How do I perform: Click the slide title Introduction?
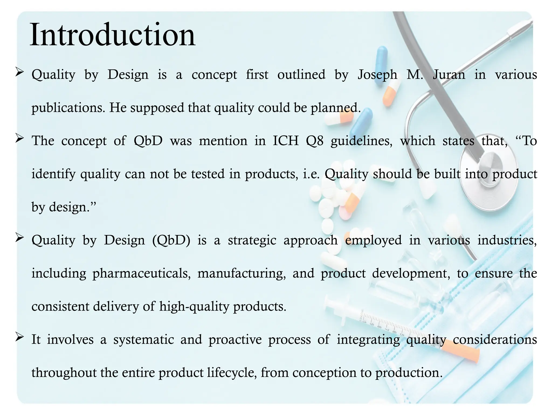[112, 35]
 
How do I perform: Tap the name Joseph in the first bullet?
[377, 75]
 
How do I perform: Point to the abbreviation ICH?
[286, 141]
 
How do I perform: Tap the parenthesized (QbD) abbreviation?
[171, 240]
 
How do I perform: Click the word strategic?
[252, 240]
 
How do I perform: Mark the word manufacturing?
[241, 273]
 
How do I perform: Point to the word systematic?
[143, 339]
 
